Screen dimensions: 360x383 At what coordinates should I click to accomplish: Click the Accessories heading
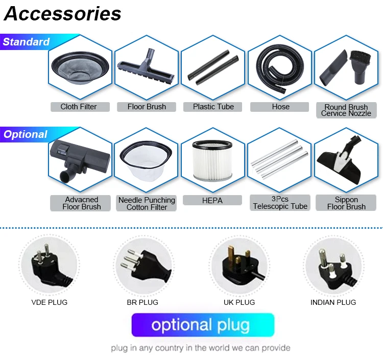pos(62,14)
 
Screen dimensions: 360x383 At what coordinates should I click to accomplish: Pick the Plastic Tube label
pos(213,107)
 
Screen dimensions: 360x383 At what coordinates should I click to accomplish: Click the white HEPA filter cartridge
pos(212,160)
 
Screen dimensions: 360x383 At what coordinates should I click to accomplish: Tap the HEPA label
pos(212,201)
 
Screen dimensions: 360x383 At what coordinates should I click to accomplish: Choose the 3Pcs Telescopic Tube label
pos(280,203)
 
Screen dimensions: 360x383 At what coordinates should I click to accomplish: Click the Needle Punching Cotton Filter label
pos(147,203)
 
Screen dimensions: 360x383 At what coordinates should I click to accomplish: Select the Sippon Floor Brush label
pos(346,203)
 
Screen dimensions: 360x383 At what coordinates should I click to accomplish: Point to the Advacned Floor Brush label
pos(82,203)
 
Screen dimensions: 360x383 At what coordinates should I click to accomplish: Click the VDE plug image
pos(49,265)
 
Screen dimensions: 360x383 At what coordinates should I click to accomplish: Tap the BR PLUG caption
pos(142,302)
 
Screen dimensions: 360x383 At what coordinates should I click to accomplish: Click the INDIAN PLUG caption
pos(333,302)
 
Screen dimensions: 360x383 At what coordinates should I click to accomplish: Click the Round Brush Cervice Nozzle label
pos(346,110)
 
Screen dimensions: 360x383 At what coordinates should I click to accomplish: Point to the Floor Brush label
pos(147,107)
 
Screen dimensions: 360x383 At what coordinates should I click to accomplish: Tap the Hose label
pos(280,107)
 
